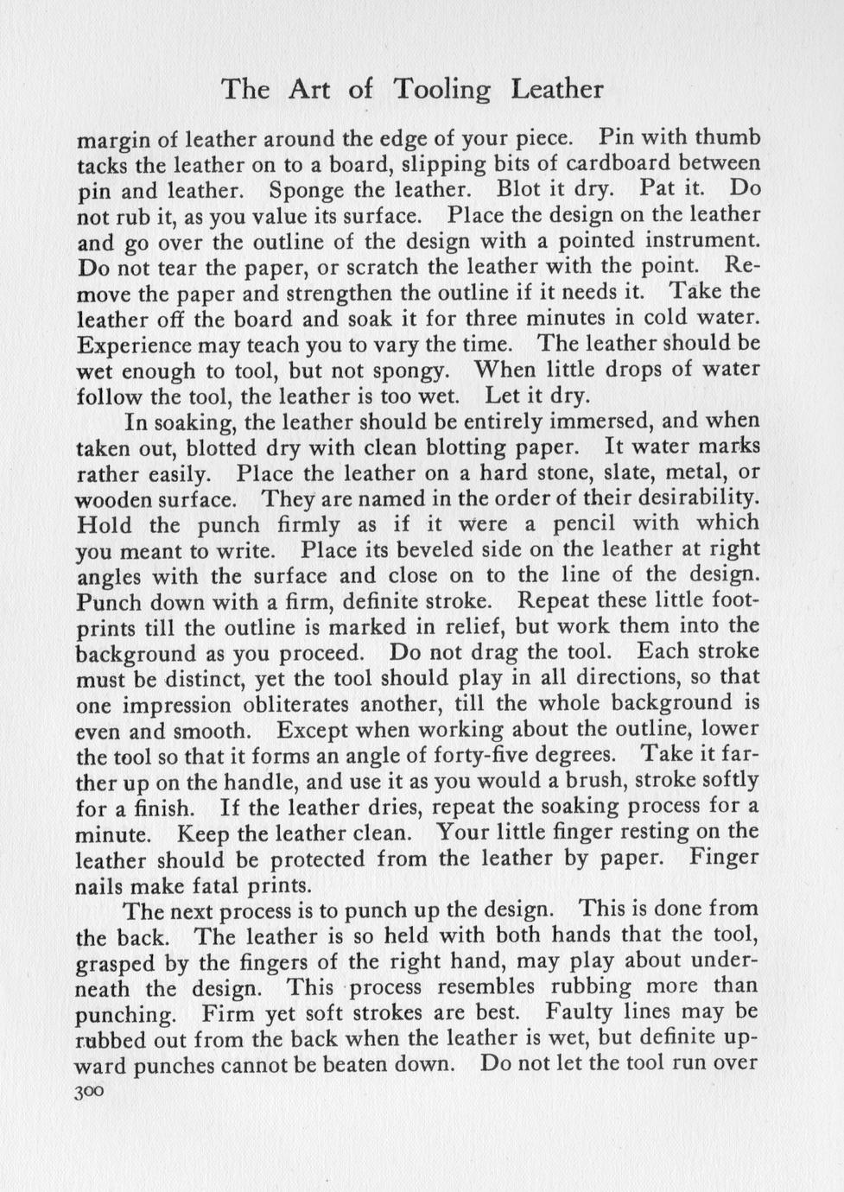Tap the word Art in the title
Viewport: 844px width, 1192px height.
[310, 89]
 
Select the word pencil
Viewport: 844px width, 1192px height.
[584, 523]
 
